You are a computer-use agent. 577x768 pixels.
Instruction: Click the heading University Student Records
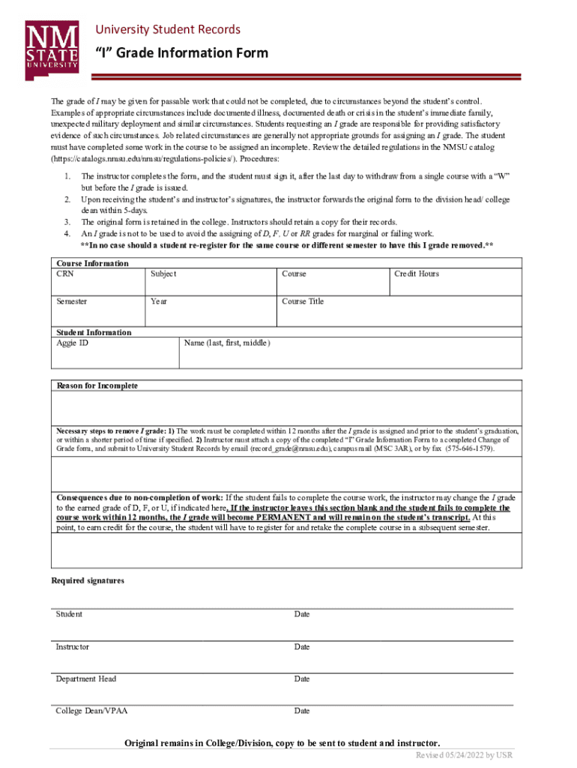167,29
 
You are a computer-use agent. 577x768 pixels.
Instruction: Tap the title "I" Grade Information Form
181,53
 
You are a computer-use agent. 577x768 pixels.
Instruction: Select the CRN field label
65,274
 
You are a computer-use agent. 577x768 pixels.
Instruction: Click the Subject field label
163,274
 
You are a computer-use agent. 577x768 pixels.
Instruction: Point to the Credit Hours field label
417,274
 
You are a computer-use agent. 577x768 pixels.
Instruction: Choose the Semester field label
72,301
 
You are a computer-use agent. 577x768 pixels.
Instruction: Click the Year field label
158,301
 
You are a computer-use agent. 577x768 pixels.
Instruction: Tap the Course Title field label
303,301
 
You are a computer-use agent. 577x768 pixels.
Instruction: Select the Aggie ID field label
73,343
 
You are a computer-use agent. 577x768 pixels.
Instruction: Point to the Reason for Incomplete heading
97,385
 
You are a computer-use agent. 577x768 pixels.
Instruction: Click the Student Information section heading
94,332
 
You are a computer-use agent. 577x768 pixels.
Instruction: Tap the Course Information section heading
92,263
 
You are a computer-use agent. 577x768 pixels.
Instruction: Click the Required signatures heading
88,580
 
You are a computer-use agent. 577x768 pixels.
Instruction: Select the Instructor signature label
73,646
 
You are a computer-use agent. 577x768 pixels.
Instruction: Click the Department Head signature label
86,679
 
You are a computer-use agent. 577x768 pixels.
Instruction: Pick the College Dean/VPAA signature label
91,711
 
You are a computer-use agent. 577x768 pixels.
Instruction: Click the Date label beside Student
302,614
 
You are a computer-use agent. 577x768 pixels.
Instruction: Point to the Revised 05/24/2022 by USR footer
465,754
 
